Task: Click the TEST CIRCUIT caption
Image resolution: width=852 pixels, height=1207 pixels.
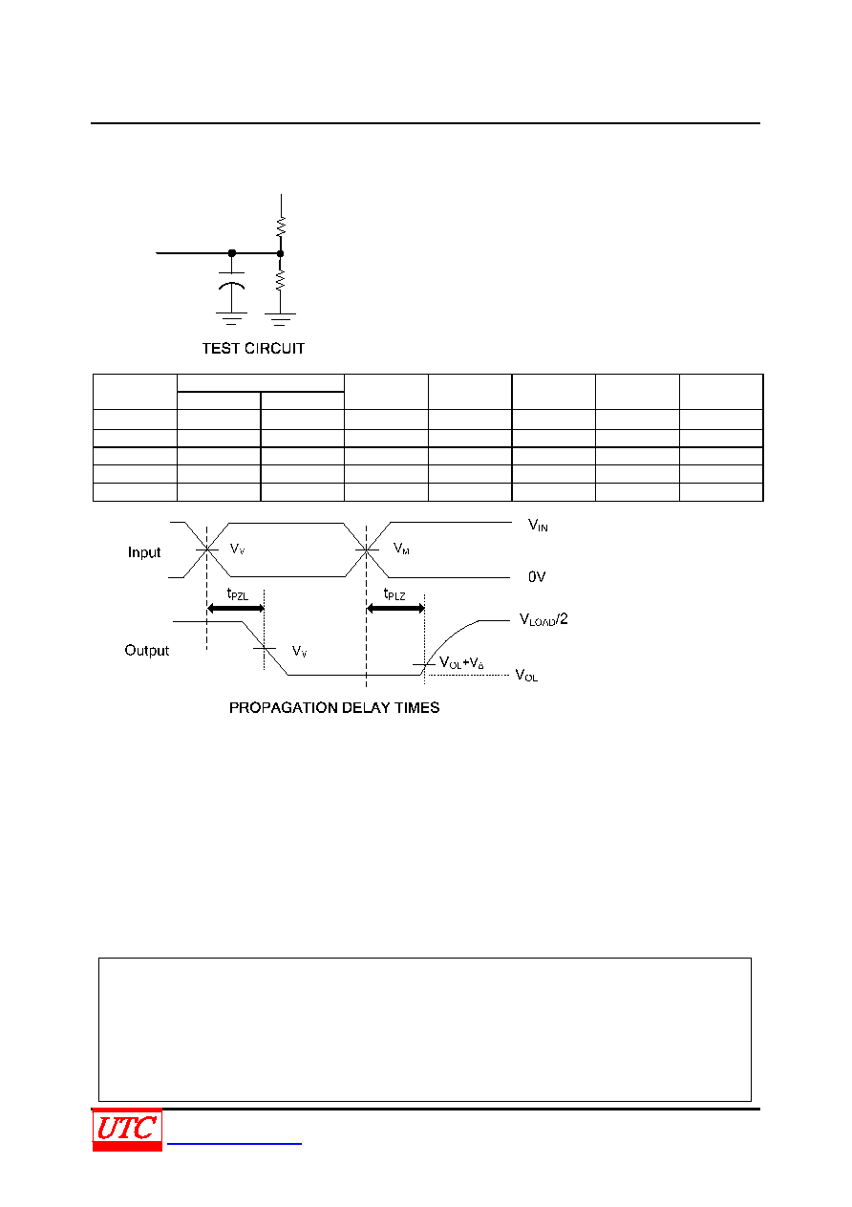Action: [253, 349]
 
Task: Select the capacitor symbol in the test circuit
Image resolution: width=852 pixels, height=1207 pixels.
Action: [231, 280]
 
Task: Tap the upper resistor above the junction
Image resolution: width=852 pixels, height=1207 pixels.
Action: [281, 226]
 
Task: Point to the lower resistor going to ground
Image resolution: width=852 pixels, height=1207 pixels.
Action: [280, 280]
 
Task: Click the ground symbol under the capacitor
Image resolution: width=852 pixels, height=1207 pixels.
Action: [231, 318]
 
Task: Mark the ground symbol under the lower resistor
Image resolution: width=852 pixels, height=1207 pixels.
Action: [280, 319]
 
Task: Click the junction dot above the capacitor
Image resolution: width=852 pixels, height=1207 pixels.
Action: [232, 252]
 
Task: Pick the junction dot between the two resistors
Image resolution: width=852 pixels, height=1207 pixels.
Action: [280, 253]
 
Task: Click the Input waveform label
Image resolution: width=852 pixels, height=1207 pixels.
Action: [144, 552]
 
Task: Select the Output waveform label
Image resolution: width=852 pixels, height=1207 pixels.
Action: [146, 651]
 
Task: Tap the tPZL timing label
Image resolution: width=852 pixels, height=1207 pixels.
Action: [238, 593]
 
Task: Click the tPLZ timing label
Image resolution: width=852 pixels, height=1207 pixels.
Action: [394, 593]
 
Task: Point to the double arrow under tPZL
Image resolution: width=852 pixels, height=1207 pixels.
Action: [236, 609]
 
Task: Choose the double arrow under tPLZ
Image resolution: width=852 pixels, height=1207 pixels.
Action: [395, 609]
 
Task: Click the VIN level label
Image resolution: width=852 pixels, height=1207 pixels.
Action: [538, 525]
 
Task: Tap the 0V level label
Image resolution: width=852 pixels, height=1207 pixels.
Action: [537, 577]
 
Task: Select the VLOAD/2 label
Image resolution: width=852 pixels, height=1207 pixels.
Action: [543, 619]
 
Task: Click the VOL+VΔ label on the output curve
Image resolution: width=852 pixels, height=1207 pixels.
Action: [461, 663]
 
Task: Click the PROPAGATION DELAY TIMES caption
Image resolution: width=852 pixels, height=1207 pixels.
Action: [334, 707]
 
